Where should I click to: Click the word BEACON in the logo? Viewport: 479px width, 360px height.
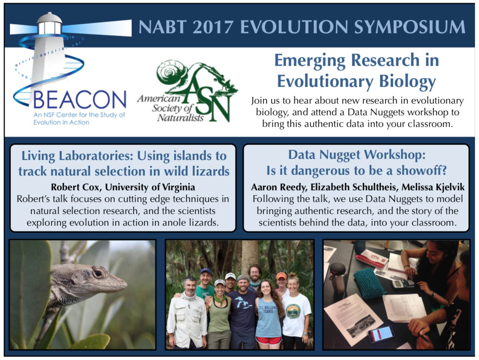pyautogui.click(x=80, y=100)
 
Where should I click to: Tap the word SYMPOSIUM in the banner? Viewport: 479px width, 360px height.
pyautogui.click(x=410, y=27)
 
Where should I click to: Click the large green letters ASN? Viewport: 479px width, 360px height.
pyautogui.click(x=207, y=96)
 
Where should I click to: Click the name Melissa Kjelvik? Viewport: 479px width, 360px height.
pyautogui.click(x=433, y=187)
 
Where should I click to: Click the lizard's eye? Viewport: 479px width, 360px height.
pyautogui.click(x=98, y=273)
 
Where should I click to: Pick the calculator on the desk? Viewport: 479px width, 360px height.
pyautogui.click(x=403, y=284)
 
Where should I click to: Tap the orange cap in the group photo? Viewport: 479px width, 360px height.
pyautogui.click(x=281, y=276)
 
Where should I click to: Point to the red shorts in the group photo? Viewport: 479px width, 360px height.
pyautogui.click(x=269, y=340)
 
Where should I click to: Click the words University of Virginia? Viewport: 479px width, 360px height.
pyautogui.click(x=150, y=187)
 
